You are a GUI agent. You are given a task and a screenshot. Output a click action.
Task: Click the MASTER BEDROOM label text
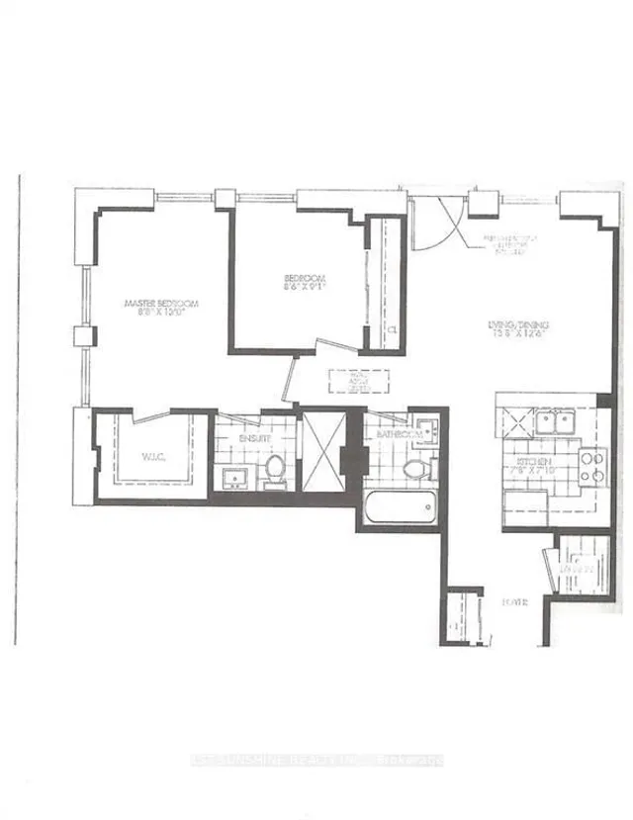[x=161, y=304]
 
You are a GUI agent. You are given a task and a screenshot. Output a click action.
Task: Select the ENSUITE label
[x=233, y=435]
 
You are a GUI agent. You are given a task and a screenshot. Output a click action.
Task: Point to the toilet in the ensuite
[x=274, y=468]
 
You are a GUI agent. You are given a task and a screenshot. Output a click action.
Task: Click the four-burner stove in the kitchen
[x=591, y=465]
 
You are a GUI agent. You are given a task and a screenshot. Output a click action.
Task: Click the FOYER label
[x=512, y=602]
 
